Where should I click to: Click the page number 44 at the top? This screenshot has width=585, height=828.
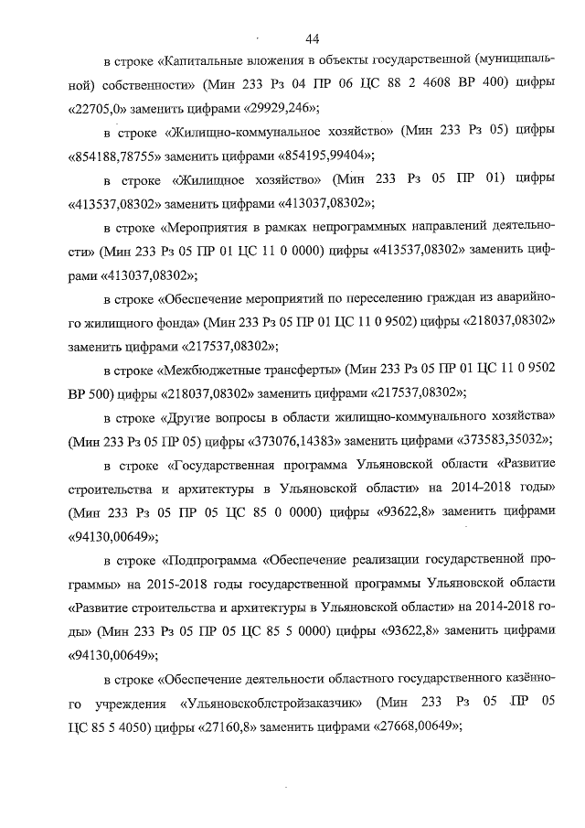313,38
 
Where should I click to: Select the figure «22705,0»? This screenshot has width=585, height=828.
104,108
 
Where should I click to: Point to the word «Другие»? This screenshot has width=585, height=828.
185,416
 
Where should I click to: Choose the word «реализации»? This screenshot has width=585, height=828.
385,559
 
